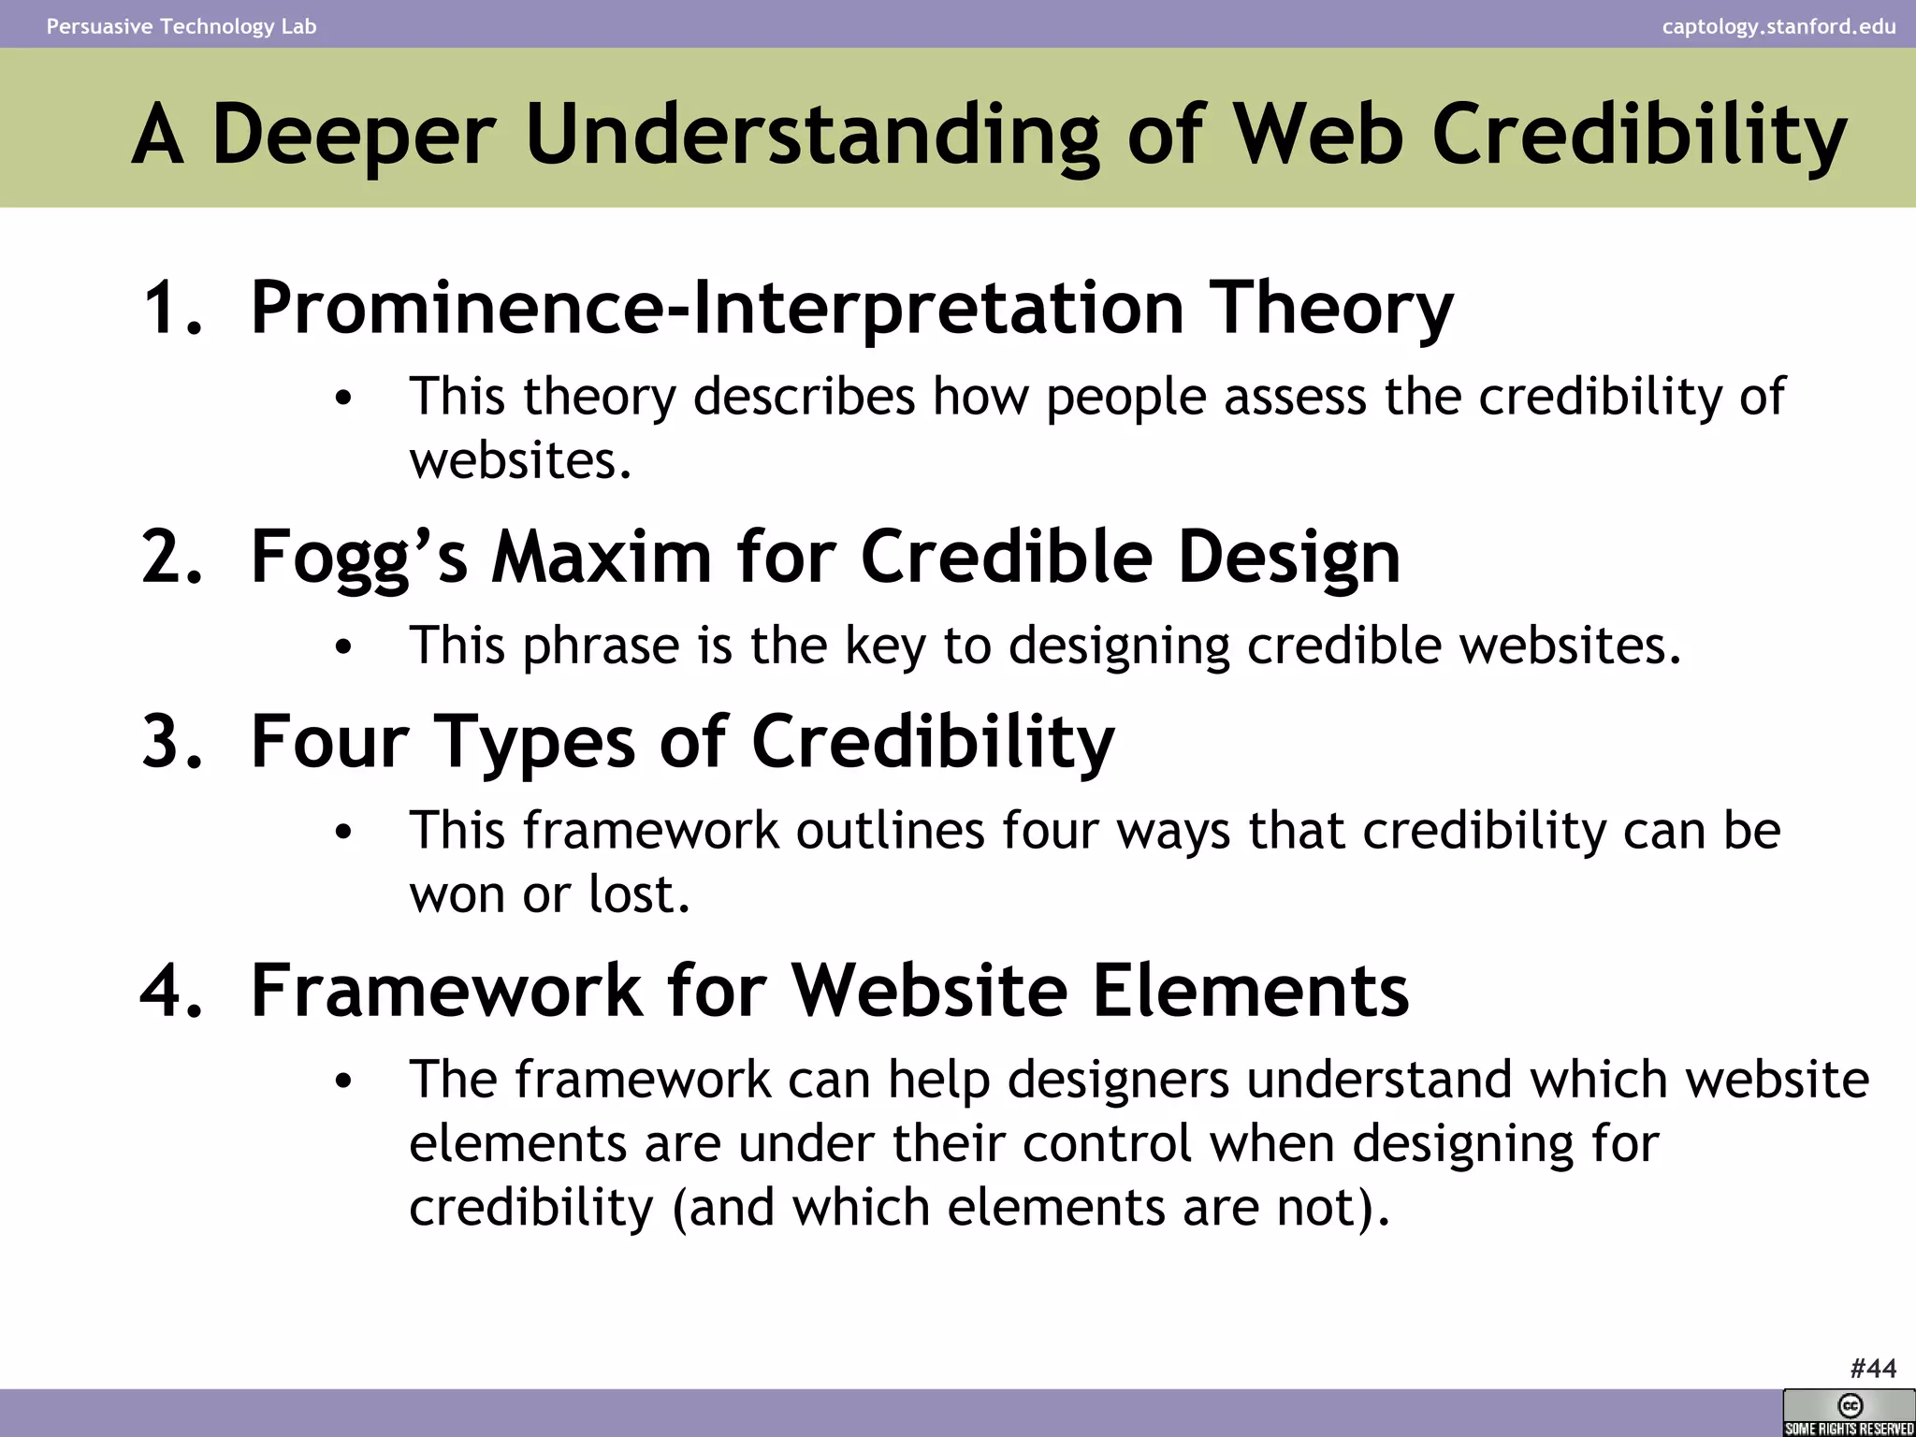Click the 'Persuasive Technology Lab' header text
[181, 26]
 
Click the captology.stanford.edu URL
[1778, 26]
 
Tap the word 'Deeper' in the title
[353, 135]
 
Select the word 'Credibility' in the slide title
[1639, 135]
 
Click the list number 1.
[172, 309]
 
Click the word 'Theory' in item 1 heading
[1332, 309]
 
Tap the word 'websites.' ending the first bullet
[521, 460]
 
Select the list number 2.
[172, 557]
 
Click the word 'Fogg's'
[359, 557]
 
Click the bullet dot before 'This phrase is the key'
[343, 646]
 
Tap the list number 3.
[172, 741]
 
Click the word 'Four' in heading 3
[330, 741]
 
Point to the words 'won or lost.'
[549, 894]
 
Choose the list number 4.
[172, 991]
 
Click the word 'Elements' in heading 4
[1251, 991]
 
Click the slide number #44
[1873, 1369]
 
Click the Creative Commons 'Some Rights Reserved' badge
[1849, 1414]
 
